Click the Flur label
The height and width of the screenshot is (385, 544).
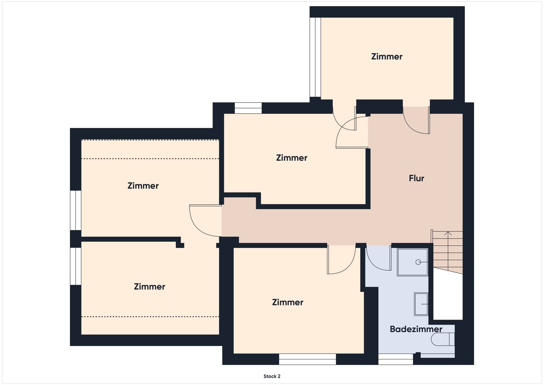416,178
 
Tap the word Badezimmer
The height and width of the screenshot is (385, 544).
416,329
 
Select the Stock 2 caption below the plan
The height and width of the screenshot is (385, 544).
272,376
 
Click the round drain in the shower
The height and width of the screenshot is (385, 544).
418,262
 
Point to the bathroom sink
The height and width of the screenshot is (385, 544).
421,304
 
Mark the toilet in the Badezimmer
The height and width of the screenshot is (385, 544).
443,340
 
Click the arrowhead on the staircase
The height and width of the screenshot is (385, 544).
448,233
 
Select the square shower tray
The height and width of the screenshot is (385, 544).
413,262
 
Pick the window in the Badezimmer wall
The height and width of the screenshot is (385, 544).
395,359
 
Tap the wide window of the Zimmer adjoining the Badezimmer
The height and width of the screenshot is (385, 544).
307,359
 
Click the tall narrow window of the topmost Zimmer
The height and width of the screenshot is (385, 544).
315,57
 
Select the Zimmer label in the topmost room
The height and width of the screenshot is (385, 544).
387,57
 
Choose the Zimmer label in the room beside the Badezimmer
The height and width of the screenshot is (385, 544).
288,302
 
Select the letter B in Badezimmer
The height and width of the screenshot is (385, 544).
392,329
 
